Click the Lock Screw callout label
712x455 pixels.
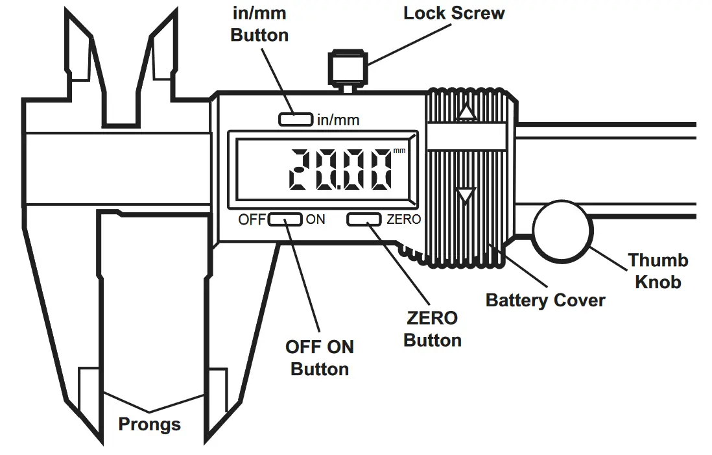(453, 13)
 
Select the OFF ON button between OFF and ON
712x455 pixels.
(285, 219)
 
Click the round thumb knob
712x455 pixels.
(562, 230)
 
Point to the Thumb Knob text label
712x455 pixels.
(658, 271)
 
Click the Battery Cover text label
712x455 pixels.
(545, 301)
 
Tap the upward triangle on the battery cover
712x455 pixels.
(466, 114)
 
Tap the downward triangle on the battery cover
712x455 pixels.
(466, 195)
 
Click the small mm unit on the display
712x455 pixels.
(399, 151)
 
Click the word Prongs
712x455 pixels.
(149, 424)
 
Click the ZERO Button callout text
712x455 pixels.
(432, 329)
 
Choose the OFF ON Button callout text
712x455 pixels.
(320, 358)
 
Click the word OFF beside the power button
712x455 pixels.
(252, 219)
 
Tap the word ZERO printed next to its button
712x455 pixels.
(403, 219)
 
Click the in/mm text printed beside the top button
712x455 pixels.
(338, 120)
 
